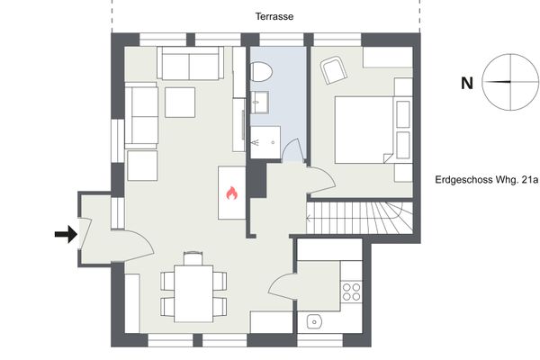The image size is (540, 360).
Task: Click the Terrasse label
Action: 274,16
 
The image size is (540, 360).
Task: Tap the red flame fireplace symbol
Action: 232,193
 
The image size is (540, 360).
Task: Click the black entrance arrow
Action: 66,234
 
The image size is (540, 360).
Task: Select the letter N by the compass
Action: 467,84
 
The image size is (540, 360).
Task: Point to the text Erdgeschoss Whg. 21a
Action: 486,180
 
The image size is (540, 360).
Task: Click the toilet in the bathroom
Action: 261,72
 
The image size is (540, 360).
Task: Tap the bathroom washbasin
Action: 259,103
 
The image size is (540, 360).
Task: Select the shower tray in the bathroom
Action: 265,142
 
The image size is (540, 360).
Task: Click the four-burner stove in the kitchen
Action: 351,292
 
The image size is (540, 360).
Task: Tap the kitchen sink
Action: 314,322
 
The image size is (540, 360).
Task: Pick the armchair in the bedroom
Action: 333,70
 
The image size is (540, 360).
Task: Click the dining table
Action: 193,293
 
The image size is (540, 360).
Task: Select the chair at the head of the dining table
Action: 193,258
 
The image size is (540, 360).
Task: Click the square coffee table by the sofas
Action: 180,103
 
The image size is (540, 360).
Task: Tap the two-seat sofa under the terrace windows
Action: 190,63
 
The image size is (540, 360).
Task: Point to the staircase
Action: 360,218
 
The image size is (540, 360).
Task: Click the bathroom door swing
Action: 293,150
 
